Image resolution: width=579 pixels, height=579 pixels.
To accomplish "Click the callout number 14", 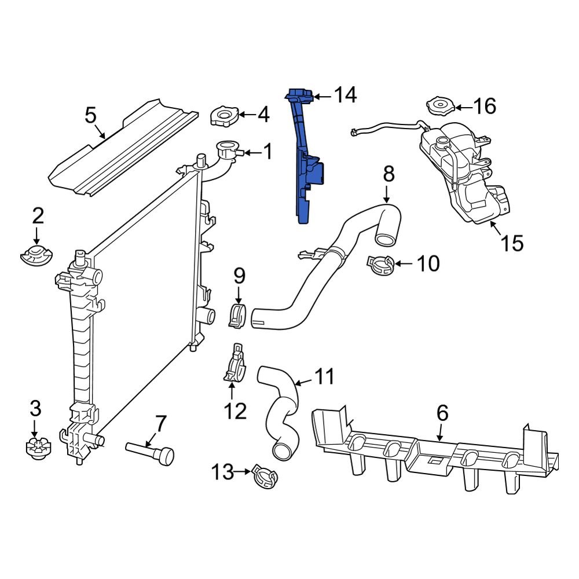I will [345, 96].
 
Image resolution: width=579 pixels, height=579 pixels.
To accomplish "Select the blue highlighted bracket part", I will [306, 168].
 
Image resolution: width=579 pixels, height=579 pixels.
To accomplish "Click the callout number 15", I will [512, 243].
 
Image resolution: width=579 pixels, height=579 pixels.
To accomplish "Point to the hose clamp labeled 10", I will [380, 265].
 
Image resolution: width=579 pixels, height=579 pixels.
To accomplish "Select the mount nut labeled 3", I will [36, 448].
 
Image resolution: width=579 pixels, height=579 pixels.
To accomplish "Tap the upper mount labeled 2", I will [36, 254].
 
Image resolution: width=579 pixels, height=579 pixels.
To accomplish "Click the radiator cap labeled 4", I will [222, 116].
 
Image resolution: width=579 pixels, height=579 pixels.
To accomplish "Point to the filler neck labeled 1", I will [227, 152].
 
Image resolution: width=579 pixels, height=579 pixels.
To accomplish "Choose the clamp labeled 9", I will [237, 314].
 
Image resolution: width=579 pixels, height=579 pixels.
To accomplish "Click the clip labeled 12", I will [235, 368].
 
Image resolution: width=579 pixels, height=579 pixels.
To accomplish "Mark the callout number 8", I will [389, 173].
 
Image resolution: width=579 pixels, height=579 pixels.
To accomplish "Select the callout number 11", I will [324, 377].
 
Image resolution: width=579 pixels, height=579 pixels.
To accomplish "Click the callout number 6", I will [442, 413].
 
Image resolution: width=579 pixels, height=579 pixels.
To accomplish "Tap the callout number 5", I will [90, 115].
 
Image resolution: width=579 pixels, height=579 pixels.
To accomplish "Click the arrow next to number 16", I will [463, 107].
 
